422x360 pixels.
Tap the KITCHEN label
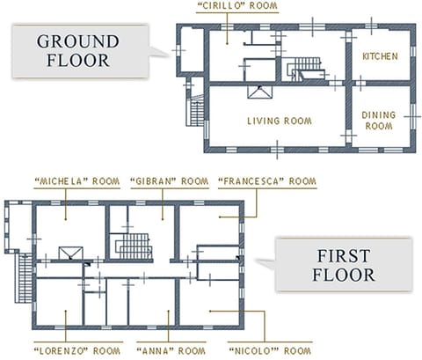[x=380, y=56]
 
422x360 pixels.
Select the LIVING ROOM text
[x=280, y=121]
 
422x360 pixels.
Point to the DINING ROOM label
[x=378, y=121]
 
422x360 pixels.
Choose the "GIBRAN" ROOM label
[x=161, y=181]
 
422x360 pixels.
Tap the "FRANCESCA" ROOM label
[x=266, y=181]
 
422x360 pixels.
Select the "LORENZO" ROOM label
[x=76, y=349]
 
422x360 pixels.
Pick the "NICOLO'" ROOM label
[x=269, y=349]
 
